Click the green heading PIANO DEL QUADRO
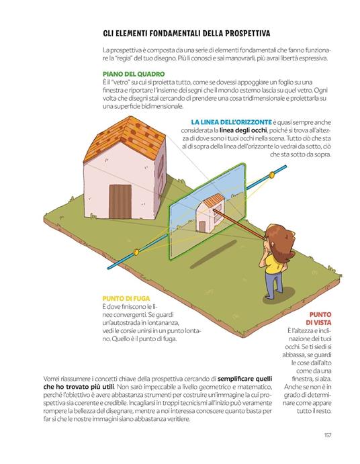click(134, 74)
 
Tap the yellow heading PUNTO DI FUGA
click(126, 299)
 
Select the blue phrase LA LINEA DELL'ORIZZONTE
click(231, 122)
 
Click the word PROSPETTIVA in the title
click(247, 33)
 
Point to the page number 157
click(328, 435)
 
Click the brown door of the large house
click(120, 201)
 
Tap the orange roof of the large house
click(124, 139)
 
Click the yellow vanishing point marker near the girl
click(271, 175)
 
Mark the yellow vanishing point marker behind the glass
click(136, 252)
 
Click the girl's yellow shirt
click(273, 264)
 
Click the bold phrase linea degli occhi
click(243, 130)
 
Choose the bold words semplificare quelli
click(245, 379)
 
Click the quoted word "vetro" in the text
click(118, 83)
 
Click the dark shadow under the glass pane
click(213, 254)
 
